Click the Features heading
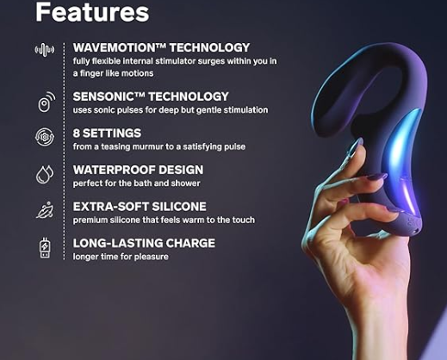(92, 12)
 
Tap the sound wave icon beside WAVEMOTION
(45, 50)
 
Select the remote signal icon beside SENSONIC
(47, 102)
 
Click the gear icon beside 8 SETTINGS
(45, 137)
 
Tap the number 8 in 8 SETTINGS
(76, 133)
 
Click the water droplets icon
(45, 174)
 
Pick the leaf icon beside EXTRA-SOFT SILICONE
(45, 210)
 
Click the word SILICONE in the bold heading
(179, 207)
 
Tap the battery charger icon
(45, 248)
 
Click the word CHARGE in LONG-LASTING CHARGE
(190, 244)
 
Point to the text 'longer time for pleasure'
(121, 257)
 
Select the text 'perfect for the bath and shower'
(136, 183)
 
